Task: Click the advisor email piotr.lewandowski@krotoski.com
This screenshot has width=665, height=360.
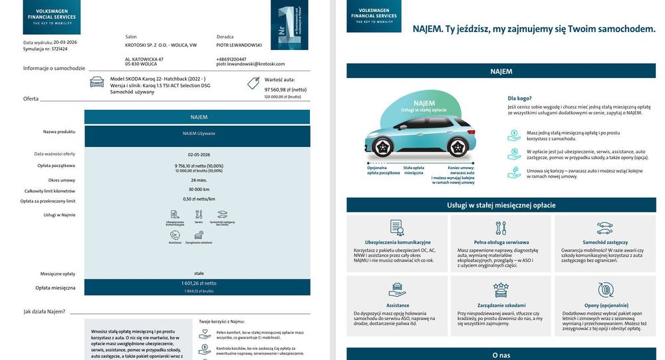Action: [250, 65]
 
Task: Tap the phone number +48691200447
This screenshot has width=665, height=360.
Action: [231, 59]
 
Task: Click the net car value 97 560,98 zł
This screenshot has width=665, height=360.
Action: [285, 89]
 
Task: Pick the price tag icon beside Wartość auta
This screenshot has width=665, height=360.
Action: [253, 83]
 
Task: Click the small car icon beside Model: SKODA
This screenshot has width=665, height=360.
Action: [97, 82]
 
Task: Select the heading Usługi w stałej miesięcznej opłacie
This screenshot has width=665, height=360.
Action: [501, 206]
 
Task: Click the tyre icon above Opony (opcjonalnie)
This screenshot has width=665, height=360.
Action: [604, 290]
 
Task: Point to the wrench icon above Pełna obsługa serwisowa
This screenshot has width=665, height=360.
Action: [501, 228]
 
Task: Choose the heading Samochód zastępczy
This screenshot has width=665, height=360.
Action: [604, 242]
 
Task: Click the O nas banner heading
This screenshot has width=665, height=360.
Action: [501, 355]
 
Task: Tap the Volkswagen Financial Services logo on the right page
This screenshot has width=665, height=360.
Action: [374, 16]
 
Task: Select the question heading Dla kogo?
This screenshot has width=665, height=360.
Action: [519, 98]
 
